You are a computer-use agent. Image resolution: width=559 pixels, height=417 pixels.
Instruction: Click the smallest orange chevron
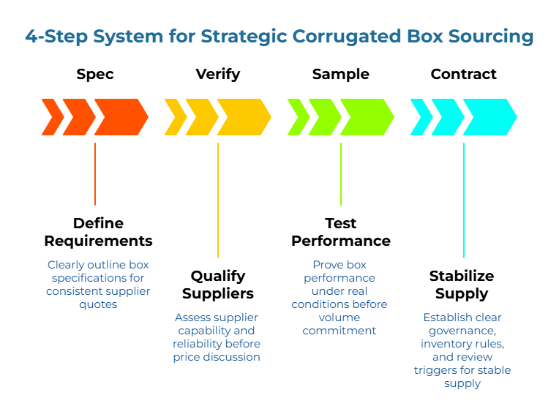52,117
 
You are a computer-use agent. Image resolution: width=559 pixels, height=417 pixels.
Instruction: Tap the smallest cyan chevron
421,117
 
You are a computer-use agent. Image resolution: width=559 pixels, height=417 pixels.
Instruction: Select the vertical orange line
95,174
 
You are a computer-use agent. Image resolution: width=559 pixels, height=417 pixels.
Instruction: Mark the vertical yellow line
218,200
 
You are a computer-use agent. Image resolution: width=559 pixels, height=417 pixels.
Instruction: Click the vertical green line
341,174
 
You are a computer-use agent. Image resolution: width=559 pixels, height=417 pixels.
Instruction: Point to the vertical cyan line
464,200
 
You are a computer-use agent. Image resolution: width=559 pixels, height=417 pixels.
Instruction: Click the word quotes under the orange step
98,304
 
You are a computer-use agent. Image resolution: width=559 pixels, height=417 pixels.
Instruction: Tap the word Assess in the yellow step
192,318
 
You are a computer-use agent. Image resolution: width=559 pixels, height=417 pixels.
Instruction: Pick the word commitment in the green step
339,331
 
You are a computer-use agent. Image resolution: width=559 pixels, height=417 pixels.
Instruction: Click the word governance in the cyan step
461,331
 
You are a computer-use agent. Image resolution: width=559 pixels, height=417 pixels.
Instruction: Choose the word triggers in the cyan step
435,370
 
